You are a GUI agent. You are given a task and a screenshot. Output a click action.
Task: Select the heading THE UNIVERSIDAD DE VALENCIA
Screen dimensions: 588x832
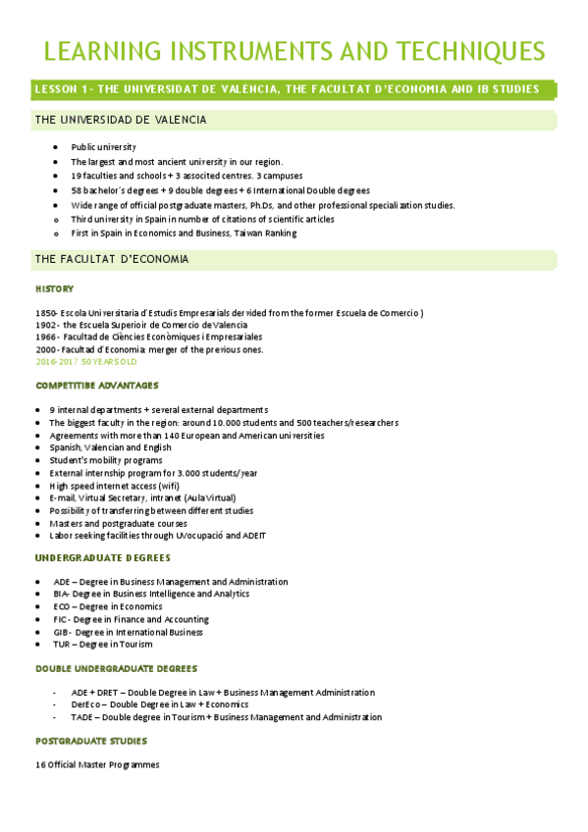tap(120, 120)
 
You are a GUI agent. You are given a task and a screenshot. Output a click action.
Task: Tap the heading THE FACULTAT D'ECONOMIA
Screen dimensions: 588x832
tap(111, 259)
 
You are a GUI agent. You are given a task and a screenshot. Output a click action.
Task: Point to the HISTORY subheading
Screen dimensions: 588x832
tap(54, 289)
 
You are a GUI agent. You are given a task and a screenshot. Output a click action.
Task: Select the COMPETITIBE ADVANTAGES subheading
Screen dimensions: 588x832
tap(96, 386)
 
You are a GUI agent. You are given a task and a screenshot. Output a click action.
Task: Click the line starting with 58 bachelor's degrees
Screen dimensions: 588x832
tap(220, 190)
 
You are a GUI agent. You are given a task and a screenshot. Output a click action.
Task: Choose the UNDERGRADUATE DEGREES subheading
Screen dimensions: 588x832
tap(102, 557)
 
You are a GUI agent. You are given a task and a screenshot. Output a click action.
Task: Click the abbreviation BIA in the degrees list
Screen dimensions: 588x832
tap(62, 594)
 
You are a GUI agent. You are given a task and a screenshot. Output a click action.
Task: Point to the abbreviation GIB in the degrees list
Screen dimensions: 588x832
tap(62, 632)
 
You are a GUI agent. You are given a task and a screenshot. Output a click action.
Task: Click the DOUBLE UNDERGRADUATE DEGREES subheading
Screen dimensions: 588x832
tap(116, 668)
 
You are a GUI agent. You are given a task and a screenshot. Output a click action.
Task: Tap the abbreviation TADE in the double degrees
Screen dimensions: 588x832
tap(82, 717)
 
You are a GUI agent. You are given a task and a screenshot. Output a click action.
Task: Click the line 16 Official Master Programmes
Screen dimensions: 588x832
tap(96, 764)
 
